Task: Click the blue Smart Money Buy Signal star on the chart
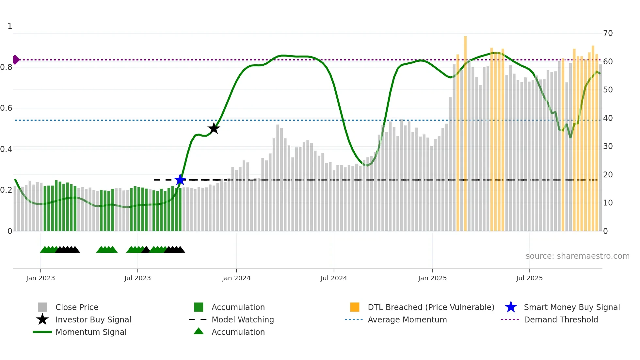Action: click(180, 180)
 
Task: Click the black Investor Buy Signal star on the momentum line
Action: click(214, 128)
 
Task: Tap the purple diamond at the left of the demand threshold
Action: click(16, 60)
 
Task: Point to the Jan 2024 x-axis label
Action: click(236, 278)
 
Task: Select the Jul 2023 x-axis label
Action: click(137, 278)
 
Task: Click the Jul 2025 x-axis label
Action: click(529, 278)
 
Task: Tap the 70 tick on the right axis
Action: click(608, 33)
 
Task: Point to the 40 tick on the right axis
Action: click(608, 118)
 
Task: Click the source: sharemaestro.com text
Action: click(577, 256)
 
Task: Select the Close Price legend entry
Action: click(77, 307)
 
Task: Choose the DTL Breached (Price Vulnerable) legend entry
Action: click(431, 307)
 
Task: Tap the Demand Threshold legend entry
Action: click(561, 320)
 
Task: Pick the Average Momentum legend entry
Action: click(407, 320)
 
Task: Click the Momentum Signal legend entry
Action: click(91, 332)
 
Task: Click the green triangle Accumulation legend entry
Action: click(238, 332)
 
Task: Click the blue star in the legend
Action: click(511, 307)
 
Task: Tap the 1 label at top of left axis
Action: click(10, 26)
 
